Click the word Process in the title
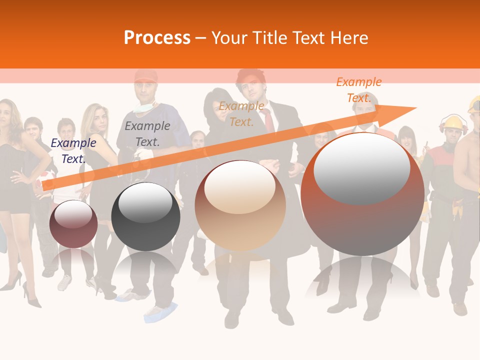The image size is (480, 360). tap(157, 38)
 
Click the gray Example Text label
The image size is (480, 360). tap(147, 134)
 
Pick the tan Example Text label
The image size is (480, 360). tap(241, 114)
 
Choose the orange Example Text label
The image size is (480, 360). tap(359, 90)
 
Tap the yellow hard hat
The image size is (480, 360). tap(454, 122)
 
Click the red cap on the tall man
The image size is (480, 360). tap(145, 76)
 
